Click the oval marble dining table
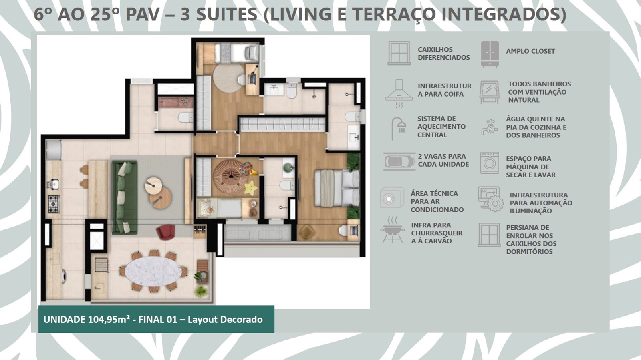(x=153, y=271)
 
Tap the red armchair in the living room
(x=165, y=232)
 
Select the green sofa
(x=125, y=198)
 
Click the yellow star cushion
(x=251, y=187)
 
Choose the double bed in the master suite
(x=337, y=188)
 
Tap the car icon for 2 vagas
(x=399, y=161)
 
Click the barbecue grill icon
(x=392, y=230)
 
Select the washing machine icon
(x=490, y=163)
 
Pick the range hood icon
(x=399, y=93)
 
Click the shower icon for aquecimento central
(x=399, y=128)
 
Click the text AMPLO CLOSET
(x=530, y=52)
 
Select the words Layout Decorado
(x=225, y=320)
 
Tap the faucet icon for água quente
(x=490, y=127)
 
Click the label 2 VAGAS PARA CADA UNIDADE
(x=443, y=160)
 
